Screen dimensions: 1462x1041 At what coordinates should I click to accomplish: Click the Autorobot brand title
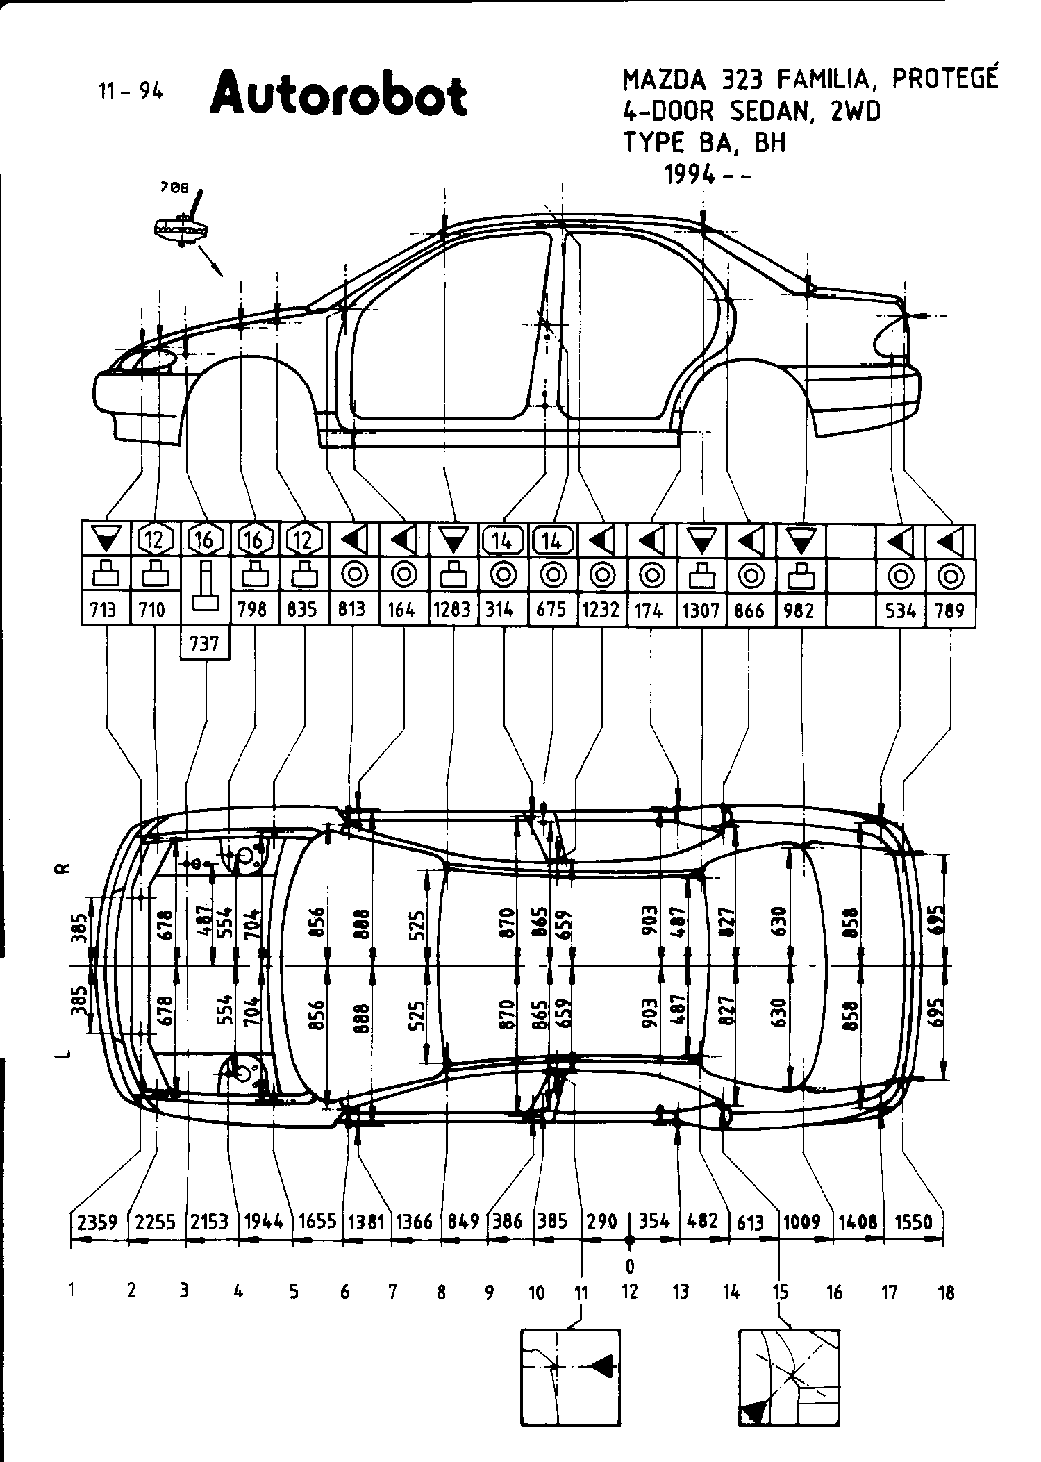click(338, 94)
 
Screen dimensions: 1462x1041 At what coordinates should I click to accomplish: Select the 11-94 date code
click(131, 91)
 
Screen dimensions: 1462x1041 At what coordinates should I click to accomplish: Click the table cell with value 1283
click(452, 610)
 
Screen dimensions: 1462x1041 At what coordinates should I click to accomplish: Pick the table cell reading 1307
click(701, 610)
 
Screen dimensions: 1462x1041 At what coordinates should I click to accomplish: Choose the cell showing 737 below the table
click(204, 644)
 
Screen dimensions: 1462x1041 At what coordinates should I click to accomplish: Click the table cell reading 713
click(103, 610)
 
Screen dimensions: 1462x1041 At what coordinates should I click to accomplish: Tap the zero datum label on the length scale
click(630, 1266)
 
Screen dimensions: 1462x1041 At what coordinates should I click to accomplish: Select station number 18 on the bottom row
click(946, 1293)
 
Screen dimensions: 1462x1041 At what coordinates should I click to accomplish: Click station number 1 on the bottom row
click(72, 1290)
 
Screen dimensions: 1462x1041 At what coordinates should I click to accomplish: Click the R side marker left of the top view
click(63, 870)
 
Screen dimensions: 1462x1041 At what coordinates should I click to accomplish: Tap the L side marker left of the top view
click(63, 1056)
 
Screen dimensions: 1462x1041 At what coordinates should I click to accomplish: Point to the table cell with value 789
click(949, 610)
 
